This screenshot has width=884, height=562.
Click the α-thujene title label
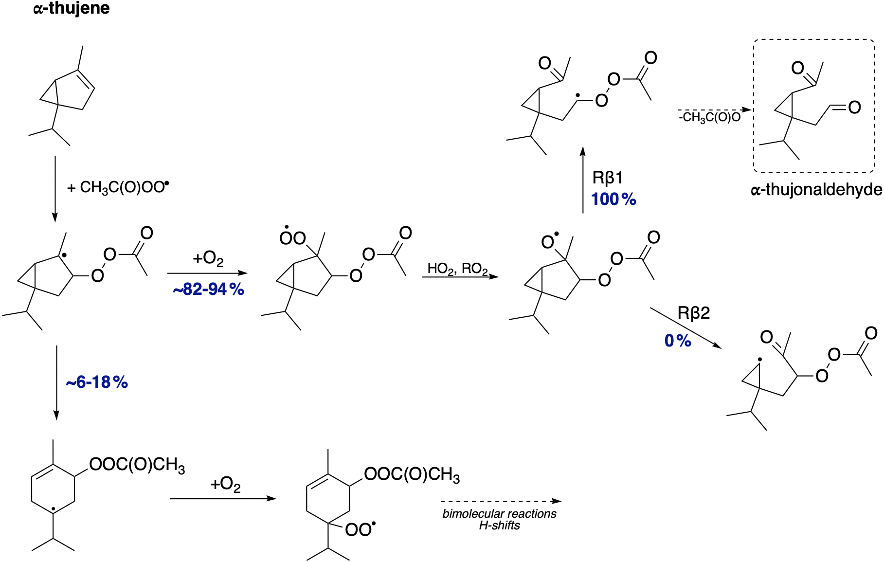click(72, 8)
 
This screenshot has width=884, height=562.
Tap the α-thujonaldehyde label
click(816, 189)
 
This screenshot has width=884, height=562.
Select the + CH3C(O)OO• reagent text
click(118, 187)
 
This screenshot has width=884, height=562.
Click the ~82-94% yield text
click(208, 290)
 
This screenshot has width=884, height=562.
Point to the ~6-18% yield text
click(97, 382)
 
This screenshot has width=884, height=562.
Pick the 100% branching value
click(613, 199)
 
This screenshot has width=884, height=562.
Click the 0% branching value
click(678, 341)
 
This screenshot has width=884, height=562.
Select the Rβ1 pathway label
click(607, 178)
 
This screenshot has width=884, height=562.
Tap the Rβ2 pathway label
click(694, 313)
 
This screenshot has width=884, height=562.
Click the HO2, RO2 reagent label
click(457, 269)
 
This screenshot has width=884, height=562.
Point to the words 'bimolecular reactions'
click(499, 514)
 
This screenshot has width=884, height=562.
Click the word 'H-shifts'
click(499, 526)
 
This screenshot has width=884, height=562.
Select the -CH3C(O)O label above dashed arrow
click(710, 117)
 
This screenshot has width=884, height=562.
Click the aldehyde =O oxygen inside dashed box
click(854, 107)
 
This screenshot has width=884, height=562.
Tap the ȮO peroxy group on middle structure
click(292, 237)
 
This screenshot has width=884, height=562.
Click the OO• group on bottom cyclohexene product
click(361, 529)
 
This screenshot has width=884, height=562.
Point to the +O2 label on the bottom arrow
click(225, 485)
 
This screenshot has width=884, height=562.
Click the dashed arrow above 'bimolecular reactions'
click(501, 501)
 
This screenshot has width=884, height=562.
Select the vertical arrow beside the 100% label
click(583, 179)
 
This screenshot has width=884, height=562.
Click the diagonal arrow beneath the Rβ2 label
click(686, 327)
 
